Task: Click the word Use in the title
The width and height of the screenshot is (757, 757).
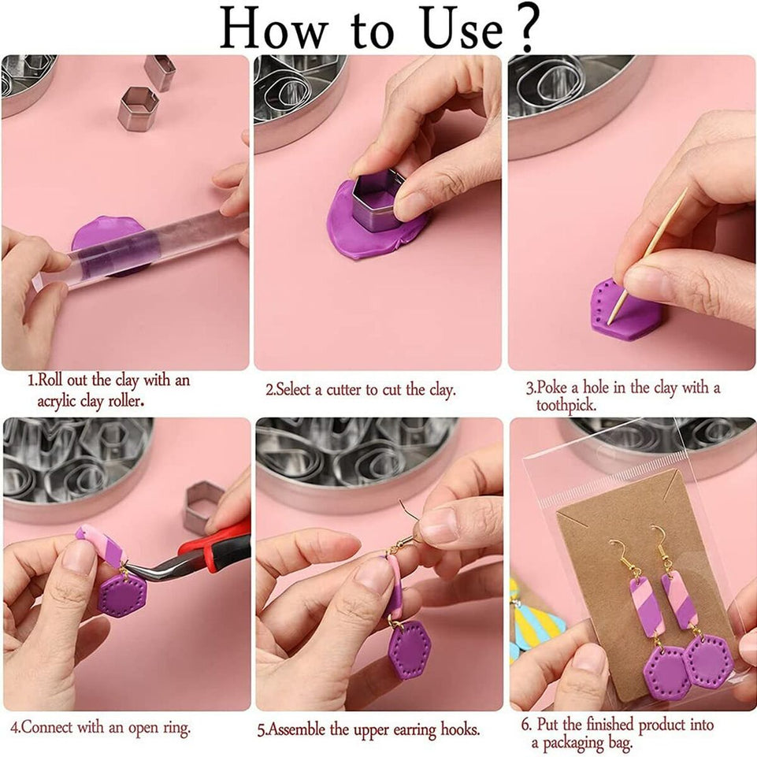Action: coord(462,29)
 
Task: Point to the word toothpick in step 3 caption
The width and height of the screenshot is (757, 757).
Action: coord(566,406)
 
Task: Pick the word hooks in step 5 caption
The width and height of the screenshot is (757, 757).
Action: coord(459,729)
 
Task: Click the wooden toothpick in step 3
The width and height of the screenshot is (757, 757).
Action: coord(648,256)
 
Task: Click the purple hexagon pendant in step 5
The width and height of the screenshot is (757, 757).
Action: coord(410,650)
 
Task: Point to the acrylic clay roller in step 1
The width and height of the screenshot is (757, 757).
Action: coord(140,251)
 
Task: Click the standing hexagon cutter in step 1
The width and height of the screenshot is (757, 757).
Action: coord(139,109)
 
